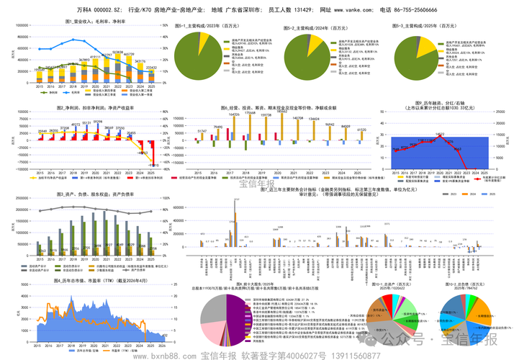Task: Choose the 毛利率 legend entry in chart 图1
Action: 73,93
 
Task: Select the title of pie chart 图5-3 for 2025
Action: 430,24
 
